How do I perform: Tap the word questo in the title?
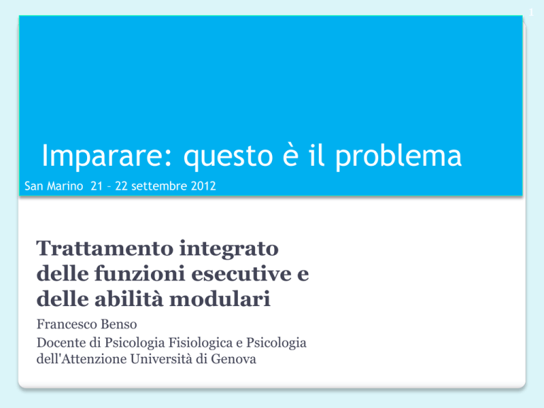pyautogui.click(x=228, y=157)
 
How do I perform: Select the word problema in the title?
pyautogui.click(x=398, y=157)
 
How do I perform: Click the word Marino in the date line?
pyautogui.click(x=65, y=186)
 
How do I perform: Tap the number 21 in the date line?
pyautogui.click(x=97, y=186)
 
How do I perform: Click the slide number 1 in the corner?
pyautogui.click(x=531, y=13)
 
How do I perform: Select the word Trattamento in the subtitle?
pyautogui.click(x=105, y=249)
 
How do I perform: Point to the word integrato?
pyautogui.click(x=229, y=249)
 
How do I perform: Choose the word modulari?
pyautogui.click(x=220, y=298)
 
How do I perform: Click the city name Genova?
pyautogui.click(x=234, y=358)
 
